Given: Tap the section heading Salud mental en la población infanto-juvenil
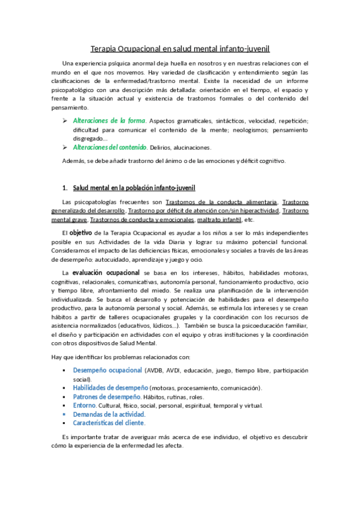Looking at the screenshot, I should click(133, 188).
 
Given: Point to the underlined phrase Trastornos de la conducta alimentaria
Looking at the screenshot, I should click(221, 201).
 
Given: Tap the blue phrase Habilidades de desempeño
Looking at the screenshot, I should click(110, 389).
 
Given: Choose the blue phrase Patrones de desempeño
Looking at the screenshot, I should click(106, 397).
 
